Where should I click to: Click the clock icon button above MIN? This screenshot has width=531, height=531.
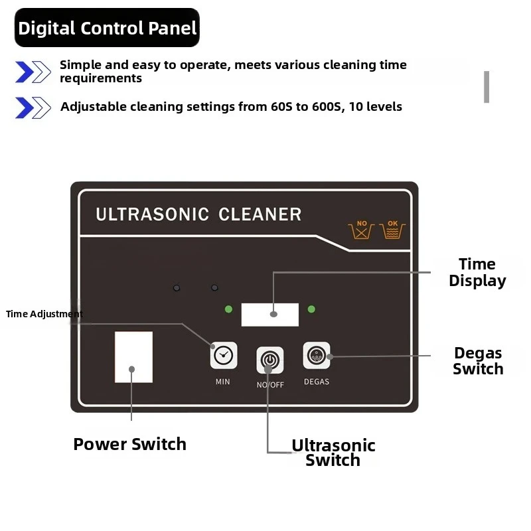[x=224, y=355]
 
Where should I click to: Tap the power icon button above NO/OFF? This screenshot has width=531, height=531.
[x=270, y=360]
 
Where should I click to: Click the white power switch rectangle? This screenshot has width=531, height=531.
[x=134, y=357]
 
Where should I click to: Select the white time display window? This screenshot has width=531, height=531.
[x=270, y=315]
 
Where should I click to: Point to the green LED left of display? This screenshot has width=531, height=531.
[x=228, y=309]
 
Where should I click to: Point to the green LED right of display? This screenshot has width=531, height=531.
[x=311, y=309]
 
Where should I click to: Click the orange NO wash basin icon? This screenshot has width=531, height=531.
[x=361, y=230]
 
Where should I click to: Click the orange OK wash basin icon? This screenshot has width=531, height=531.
[x=392, y=230]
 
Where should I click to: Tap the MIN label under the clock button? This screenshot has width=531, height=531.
[x=223, y=382]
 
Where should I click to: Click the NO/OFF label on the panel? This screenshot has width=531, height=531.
[x=270, y=385]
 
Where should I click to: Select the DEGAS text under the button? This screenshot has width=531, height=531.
[x=317, y=382]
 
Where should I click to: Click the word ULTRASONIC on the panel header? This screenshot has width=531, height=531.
[x=153, y=214]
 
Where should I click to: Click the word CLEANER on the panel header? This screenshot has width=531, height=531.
[x=260, y=214]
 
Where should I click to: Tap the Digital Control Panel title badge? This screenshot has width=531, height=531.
[x=107, y=28]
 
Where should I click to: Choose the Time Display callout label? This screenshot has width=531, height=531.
[x=477, y=272]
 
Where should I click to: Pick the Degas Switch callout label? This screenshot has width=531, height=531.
[x=478, y=361]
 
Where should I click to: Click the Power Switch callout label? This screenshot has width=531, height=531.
[x=129, y=444]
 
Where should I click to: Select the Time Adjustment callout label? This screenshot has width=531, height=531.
[x=44, y=314]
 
